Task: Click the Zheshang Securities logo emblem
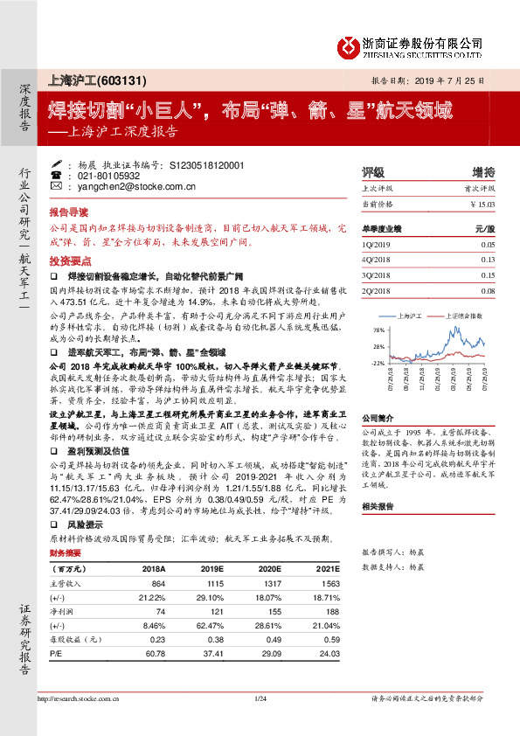(348, 45)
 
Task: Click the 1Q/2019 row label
(377, 246)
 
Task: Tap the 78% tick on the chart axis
(378, 331)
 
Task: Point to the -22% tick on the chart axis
(377, 361)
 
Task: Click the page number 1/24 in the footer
(260, 697)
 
